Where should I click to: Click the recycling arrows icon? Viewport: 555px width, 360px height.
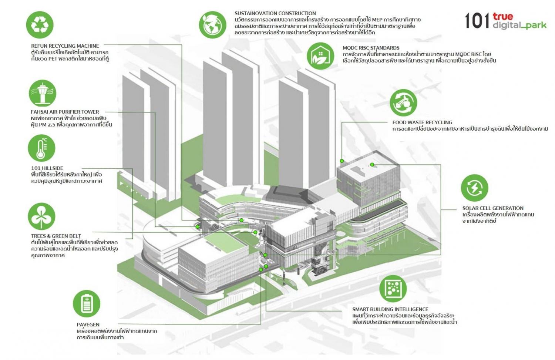(40, 25)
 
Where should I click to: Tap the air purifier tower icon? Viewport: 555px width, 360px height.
(43, 93)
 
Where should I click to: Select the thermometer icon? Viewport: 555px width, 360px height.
(41, 148)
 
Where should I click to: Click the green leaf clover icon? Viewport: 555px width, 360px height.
(41, 216)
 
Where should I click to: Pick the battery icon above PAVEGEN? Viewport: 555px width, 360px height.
(87, 303)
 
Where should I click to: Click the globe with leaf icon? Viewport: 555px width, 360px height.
(213, 24)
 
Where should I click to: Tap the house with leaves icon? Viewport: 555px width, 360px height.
(321, 56)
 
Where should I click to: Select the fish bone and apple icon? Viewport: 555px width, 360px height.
(403, 102)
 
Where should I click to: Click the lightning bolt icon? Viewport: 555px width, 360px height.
(474, 188)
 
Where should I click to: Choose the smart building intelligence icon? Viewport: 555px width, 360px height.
(393, 289)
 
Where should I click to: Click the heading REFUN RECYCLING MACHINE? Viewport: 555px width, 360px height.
(65, 46)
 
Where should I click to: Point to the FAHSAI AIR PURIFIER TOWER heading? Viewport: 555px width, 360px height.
(65, 112)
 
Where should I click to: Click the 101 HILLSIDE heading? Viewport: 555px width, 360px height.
(47, 168)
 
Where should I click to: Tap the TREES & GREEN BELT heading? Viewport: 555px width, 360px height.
(56, 236)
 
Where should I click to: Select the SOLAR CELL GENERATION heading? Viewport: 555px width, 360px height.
(493, 208)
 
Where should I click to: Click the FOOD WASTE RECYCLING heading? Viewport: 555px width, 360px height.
(422, 122)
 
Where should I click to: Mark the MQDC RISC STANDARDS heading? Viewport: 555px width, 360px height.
(371, 48)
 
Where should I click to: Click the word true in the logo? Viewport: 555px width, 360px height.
(503, 17)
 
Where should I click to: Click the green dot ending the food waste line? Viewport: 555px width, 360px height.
(342, 161)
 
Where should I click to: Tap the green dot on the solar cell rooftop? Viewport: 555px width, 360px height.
(372, 165)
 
